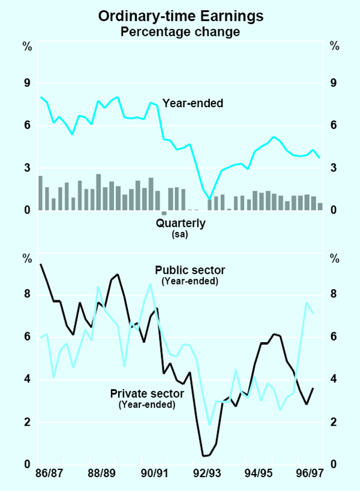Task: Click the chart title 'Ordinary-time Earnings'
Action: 180,17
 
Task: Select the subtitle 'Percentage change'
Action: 180,32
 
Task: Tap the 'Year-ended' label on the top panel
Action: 193,103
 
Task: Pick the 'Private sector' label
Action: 146,394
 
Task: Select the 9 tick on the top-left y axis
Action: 26,83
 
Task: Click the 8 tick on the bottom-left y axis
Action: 26,294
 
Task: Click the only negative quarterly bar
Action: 164,213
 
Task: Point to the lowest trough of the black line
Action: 204,456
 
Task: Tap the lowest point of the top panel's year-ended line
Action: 209,198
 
